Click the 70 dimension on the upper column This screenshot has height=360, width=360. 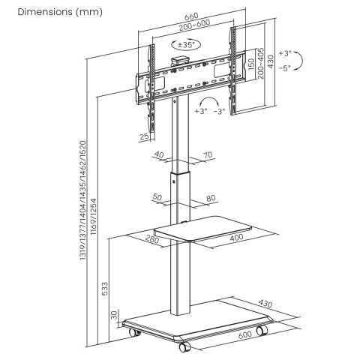tap(208, 156)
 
